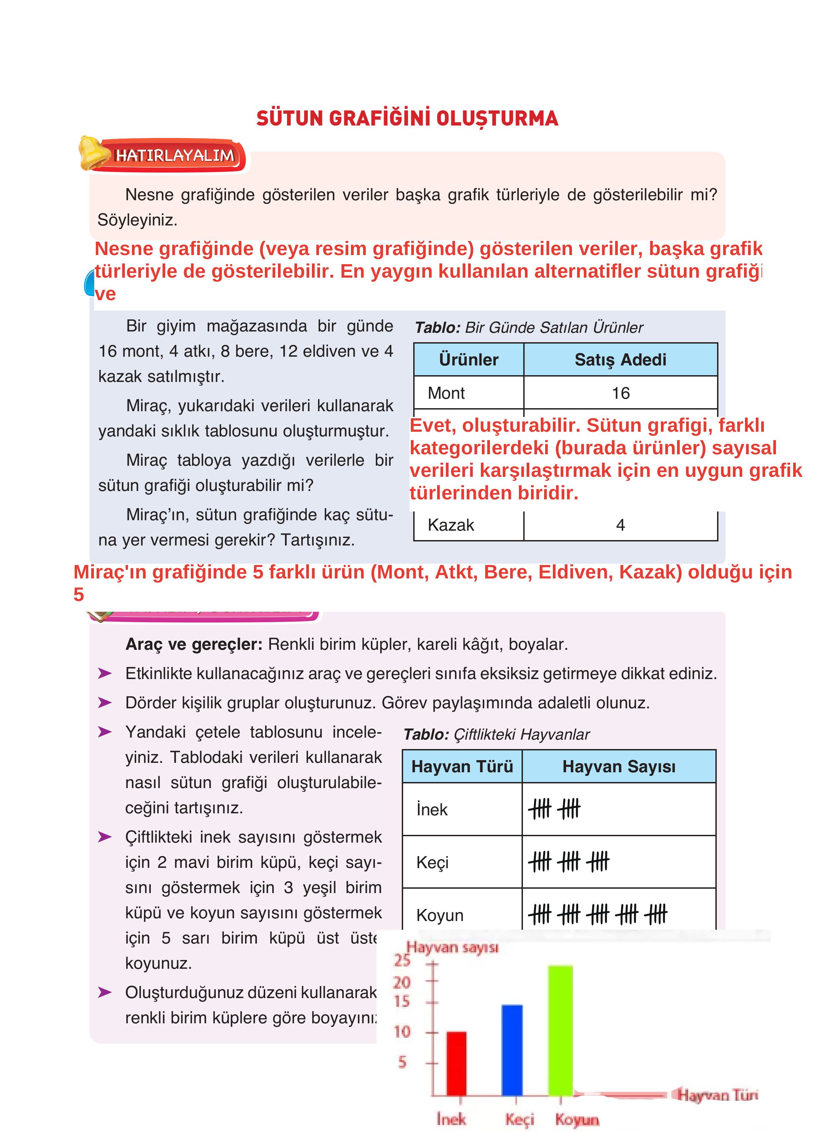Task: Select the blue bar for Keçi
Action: tap(512, 1049)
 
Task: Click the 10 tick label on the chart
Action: tap(402, 1032)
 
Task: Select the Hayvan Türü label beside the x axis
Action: tap(717, 1095)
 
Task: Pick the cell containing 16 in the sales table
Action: tap(620, 393)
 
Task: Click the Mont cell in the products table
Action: tap(446, 393)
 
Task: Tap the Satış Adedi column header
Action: tap(620, 360)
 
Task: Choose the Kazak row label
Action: tap(451, 525)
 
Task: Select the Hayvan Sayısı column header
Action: tap(618, 766)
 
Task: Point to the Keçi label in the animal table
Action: tap(432, 862)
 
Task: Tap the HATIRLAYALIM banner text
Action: tap(175, 156)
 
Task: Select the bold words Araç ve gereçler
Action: tap(194, 644)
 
